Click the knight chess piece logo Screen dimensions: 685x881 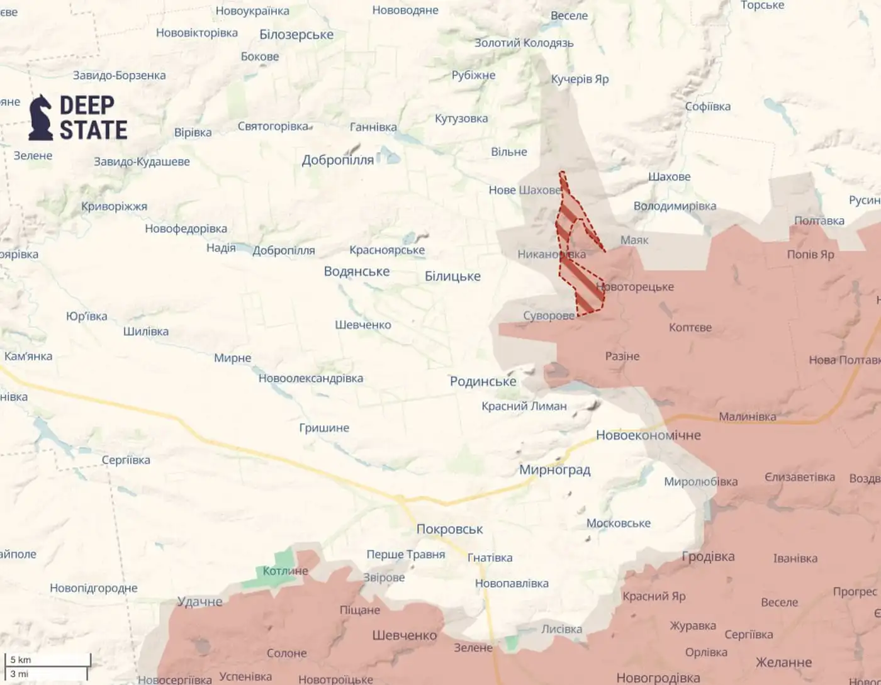tap(41, 118)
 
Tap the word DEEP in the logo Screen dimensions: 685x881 tap(87, 105)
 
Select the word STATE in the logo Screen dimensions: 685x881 tap(93, 130)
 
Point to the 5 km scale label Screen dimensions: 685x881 tap(21, 660)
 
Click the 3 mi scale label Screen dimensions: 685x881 tap(20, 674)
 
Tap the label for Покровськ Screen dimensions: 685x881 tap(449, 530)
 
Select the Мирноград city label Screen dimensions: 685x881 tap(554, 470)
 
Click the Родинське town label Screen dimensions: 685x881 tap(483, 381)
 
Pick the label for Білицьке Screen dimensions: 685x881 tap(452, 276)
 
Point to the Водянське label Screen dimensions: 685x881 tap(357, 271)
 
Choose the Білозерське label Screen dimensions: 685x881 tap(296, 35)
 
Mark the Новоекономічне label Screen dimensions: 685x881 tap(648, 435)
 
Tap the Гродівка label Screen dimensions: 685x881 tap(708, 556)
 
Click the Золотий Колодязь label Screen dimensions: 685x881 tap(524, 43)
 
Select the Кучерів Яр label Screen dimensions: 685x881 tap(580, 79)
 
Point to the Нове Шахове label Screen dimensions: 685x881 tap(524, 190)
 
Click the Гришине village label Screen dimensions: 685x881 tap(324, 428)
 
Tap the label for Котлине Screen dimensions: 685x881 tap(285, 571)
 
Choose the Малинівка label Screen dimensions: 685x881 tap(747, 416)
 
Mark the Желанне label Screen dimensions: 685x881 tap(783, 662)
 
